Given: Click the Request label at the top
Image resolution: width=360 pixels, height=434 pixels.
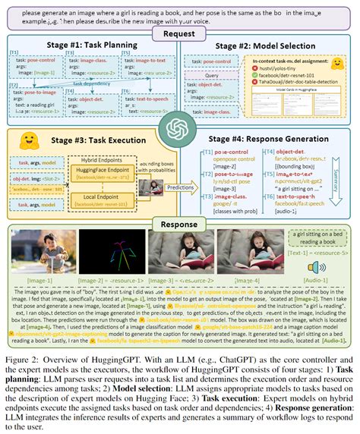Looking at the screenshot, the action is click(x=179, y=34).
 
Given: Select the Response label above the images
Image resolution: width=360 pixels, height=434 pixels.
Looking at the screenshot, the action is click(x=179, y=224).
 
